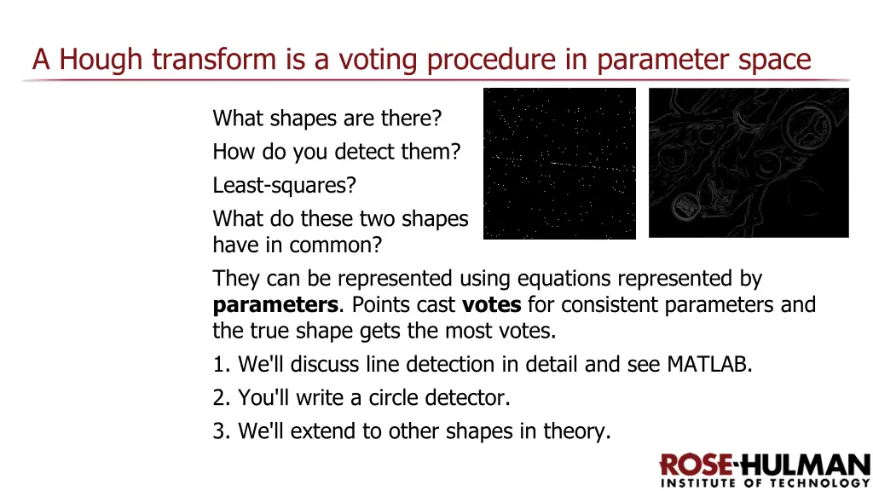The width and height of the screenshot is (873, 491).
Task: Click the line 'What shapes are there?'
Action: pos(327,118)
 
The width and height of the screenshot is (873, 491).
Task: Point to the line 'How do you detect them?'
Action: pos(336,152)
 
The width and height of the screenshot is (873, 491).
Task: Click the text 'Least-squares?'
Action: pos(284,185)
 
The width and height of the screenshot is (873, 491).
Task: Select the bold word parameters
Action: pos(275,305)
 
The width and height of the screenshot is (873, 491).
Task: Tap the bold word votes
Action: pos(492,305)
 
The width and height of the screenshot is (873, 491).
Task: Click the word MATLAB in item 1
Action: pos(708,365)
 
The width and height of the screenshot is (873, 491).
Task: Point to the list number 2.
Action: pos(221,398)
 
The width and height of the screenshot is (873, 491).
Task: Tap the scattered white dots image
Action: pos(559,163)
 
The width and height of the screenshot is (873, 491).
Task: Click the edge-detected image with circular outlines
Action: pos(749,162)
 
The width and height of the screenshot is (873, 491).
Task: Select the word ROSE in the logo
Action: pos(696,465)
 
